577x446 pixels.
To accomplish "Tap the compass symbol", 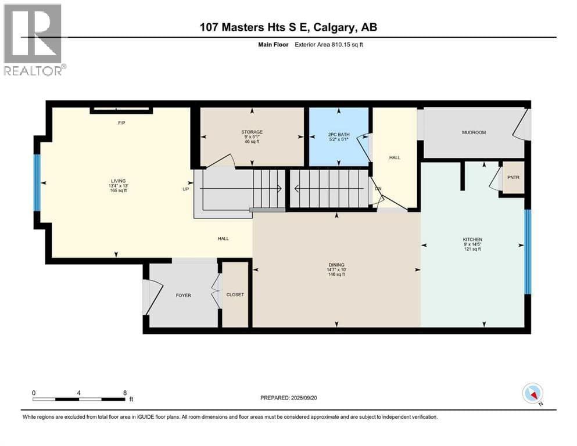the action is coord(532,393).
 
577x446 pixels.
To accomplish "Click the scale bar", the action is coord(79,399).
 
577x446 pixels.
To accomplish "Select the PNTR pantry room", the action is coord(513,177).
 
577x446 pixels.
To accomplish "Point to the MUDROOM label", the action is coord(474,132).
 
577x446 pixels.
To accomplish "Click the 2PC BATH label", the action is coord(339,135).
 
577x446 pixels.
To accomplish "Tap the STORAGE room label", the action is coord(252,132).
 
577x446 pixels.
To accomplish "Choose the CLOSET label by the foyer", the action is coord(235,295).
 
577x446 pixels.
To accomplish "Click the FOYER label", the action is coord(183,295).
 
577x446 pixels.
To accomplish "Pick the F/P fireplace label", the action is coord(121,123).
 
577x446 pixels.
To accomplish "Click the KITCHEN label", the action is coord(472,239).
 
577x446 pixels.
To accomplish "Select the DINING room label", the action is coord(336,265).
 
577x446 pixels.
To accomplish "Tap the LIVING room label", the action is coord(119,181).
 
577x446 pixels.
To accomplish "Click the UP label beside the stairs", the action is coord(186,189).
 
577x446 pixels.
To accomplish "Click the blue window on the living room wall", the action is coord(37,183).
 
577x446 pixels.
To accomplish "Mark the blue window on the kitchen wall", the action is coord(528,252).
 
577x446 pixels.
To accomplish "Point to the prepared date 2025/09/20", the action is coord(303,398).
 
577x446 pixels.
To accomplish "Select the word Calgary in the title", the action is coord(335,27).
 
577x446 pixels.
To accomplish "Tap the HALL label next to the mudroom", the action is coord(395,157).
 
